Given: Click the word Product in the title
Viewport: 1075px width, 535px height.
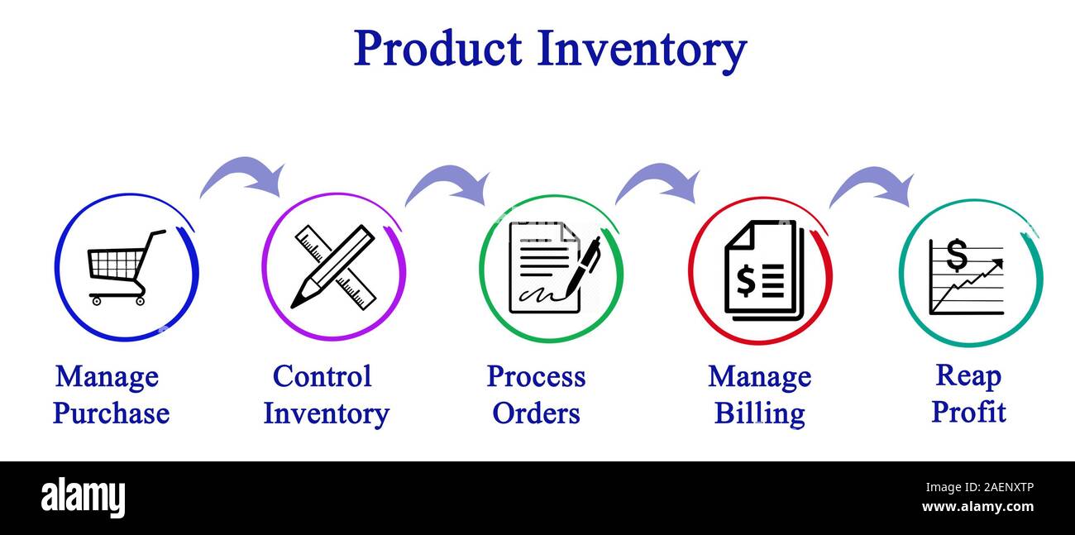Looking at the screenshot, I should [x=437, y=49].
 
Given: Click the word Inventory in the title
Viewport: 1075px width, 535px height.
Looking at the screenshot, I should [x=642, y=49].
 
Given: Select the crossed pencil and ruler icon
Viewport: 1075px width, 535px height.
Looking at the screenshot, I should [x=333, y=266].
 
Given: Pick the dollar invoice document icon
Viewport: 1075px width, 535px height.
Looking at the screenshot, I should [x=762, y=270].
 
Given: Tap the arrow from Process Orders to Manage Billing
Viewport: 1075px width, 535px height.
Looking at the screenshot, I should [x=658, y=182].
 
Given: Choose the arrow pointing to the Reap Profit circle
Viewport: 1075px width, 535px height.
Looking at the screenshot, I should [x=872, y=185].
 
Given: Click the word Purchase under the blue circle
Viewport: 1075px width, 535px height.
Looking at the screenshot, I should [x=111, y=413].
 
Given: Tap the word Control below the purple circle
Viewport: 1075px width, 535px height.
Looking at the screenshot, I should [x=322, y=376].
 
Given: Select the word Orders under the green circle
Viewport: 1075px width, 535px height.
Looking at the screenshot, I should [x=536, y=413].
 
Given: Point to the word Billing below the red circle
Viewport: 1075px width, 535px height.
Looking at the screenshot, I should [x=759, y=413].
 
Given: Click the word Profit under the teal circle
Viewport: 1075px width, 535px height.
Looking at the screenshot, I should [x=968, y=411].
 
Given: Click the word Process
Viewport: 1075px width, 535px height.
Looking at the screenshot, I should [x=536, y=376].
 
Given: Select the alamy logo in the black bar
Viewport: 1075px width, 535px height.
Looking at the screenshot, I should [x=83, y=498].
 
